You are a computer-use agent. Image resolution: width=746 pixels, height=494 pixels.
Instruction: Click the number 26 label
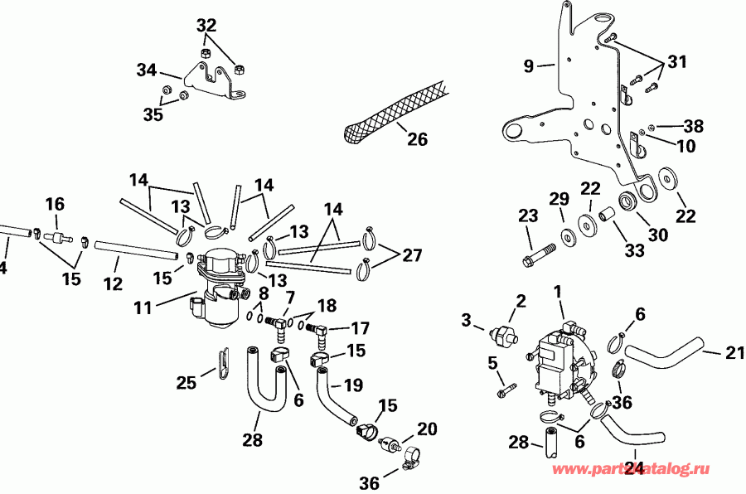[417, 139]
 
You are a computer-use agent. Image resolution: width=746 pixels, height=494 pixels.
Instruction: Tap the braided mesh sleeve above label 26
[394, 113]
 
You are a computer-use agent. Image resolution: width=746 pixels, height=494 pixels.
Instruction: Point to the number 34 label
[146, 72]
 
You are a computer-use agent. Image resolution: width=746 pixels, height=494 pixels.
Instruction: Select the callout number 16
[54, 204]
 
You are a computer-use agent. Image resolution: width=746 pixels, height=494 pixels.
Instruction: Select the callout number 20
[427, 429]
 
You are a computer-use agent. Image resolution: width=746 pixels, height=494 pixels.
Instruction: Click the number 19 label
[353, 385]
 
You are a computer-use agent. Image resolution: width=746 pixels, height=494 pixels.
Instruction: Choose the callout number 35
[153, 114]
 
